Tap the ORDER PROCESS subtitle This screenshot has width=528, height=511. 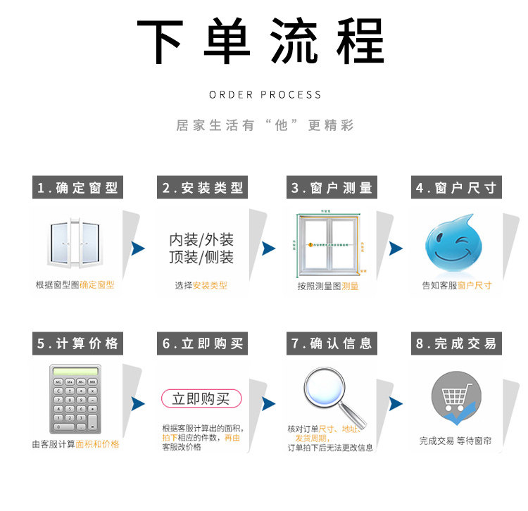pyautogui.click(x=265, y=94)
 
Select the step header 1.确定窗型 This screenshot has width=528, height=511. pyautogui.click(x=77, y=188)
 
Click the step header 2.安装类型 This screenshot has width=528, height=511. pyautogui.click(x=203, y=188)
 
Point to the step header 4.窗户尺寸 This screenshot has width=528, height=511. pyautogui.click(x=456, y=188)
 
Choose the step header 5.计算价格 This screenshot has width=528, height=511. pyautogui.click(x=77, y=343)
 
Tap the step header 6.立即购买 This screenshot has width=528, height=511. pyautogui.click(x=203, y=343)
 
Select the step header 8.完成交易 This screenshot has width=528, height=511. pyautogui.click(x=456, y=343)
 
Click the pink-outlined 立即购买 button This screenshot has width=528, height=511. pyautogui.click(x=201, y=399)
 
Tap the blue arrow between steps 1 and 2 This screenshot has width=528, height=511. pyautogui.click(x=138, y=248)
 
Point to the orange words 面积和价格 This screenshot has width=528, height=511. pyautogui.click(x=97, y=444)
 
